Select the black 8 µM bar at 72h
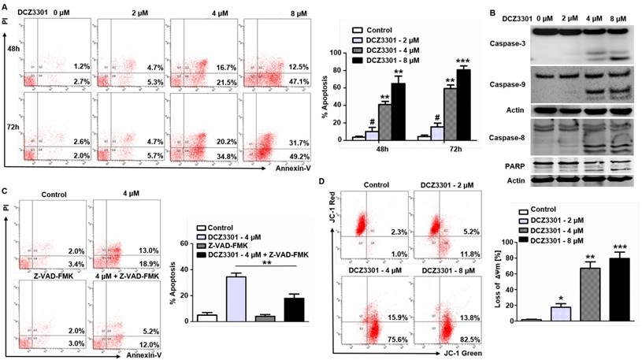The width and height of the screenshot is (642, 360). tap(462, 103)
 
